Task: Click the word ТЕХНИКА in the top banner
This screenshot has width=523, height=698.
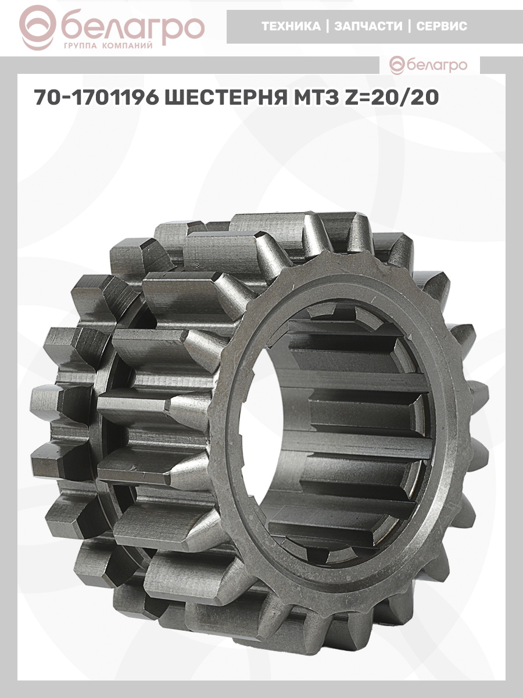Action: [291, 26]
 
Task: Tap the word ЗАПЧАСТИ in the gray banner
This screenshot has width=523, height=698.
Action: [368, 26]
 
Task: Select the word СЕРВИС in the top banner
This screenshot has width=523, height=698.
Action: [442, 26]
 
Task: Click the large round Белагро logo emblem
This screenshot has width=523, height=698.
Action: [37, 28]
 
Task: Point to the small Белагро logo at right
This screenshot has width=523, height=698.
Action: [428, 66]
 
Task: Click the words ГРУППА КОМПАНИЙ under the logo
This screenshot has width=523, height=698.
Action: [108, 46]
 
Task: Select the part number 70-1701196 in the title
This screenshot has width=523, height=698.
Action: [96, 98]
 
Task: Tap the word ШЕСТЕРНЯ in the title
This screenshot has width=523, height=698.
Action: [226, 98]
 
